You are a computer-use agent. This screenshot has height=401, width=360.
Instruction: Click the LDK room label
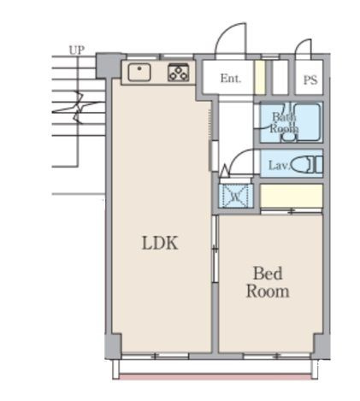[x=160, y=243]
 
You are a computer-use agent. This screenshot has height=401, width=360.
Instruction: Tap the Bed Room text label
[x=268, y=282]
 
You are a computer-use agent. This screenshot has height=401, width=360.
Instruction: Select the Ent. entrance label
[x=231, y=78]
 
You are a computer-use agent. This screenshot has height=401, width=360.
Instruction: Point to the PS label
[x=310, y=80]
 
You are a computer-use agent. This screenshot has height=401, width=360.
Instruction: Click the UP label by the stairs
[x=77, y=50]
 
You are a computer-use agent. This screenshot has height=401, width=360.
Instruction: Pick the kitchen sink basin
[x=139, y=72]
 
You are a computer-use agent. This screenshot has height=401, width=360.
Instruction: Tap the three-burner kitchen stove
[x=179, y=73]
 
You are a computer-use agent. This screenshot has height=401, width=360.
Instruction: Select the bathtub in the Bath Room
[x=307, y=122]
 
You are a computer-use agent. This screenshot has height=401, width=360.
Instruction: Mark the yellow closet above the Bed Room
[x=292, y=196]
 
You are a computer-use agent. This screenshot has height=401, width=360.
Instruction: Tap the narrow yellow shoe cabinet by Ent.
[x=259, y=77]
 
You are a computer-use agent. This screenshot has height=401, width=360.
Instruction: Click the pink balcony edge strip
[x=215, y=377]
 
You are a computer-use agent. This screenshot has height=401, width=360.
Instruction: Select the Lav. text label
[x=280, y=165]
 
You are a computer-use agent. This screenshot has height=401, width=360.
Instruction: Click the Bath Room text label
[x=284, y=122]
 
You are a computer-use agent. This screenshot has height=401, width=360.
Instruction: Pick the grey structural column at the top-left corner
[x=109, y=65]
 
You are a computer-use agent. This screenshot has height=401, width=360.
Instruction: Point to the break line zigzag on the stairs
[x=79, y=107]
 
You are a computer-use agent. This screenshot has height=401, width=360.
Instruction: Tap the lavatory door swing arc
[x=237, y=156]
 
